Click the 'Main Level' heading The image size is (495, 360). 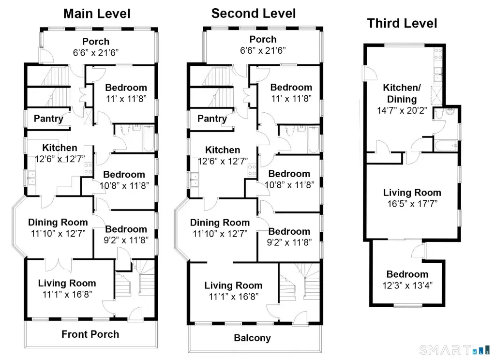coord(97,14)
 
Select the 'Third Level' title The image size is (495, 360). coord(402,23)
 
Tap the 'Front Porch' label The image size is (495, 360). coord(90,334)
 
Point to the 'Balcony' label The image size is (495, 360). coord(252,338)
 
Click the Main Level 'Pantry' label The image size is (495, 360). coord(48,119)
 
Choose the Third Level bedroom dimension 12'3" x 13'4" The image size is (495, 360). coord(407,285)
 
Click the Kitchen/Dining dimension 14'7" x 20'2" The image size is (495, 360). coord(402,110)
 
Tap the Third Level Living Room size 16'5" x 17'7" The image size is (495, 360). coord(412,204)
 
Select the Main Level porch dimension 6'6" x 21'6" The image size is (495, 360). coord(96,52)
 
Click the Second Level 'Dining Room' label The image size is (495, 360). coord(220,223)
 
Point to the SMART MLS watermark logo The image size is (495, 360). coord(454,350)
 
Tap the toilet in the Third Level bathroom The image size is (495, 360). coord(438,114)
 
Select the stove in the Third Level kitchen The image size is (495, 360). coord(438,54)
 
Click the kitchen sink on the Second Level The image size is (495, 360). coord(195,180)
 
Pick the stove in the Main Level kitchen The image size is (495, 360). coord(88,168)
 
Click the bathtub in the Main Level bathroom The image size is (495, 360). coord(149,139)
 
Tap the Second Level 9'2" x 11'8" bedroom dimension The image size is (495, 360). coord(289,242)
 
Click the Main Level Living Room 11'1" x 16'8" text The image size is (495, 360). coord(67,294)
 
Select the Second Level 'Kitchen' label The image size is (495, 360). coord(223,150)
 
